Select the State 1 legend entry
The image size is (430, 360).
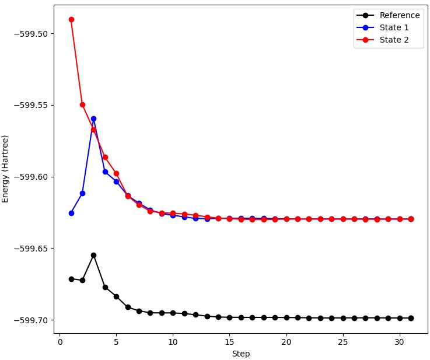coord(394,27)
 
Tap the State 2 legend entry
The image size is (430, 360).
coord(394,40)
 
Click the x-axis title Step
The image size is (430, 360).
coord(241,354)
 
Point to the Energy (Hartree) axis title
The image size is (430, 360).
coord(6,169)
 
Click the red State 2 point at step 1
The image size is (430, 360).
coord(71,19)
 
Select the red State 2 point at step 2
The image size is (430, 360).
coord(82,104)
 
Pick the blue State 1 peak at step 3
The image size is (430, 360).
coord(93,118)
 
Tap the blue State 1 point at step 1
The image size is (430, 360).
coord(71,213)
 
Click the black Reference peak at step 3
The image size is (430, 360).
coord(93,255)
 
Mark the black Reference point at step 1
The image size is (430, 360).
coord(71,279)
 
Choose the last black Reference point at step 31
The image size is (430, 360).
coord(411,318)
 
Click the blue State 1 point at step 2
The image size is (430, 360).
coord(82,193)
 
